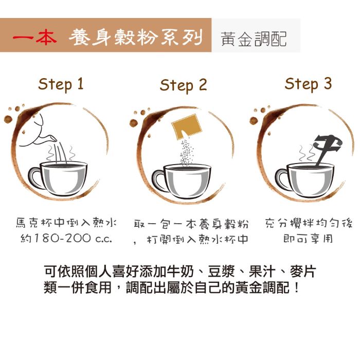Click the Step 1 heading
(61, 84)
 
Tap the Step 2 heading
(183, 85)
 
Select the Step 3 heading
(308, 84)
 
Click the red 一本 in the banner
(34, 37)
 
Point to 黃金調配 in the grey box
(254, 39)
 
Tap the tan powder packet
(187, 127)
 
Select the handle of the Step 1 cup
(34, 178)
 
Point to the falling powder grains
(186, 152)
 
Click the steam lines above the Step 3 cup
(307, 153)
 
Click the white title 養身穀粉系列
(135, 37)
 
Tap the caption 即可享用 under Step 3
(308, 239)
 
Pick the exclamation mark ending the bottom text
(297, 287)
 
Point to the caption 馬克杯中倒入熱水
(66, 223)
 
